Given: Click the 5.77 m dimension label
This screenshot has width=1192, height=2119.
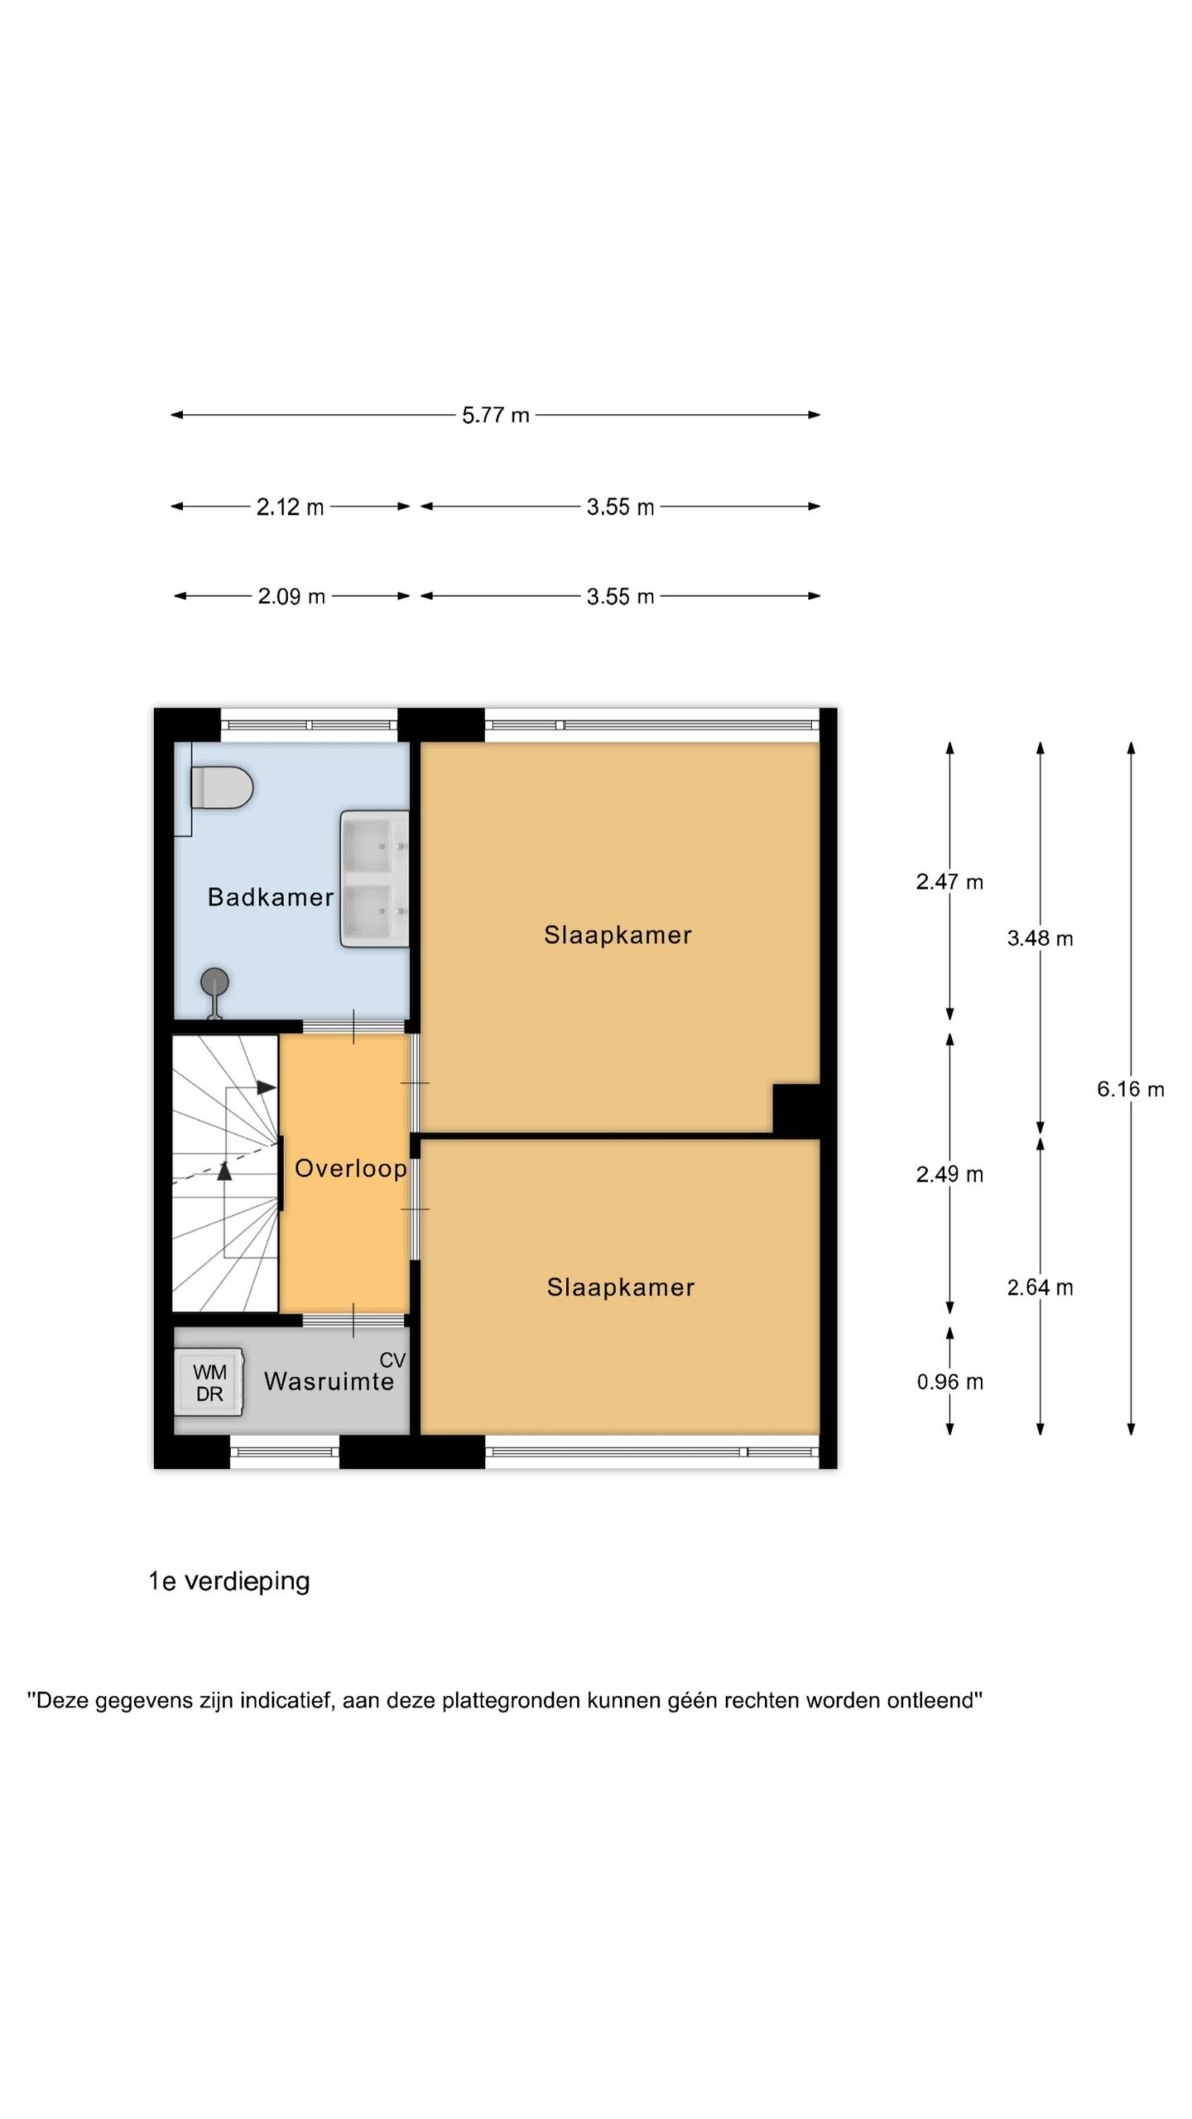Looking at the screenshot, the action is [x=495, y=415].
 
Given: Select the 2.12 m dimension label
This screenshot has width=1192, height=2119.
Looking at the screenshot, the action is [x=290, y=507].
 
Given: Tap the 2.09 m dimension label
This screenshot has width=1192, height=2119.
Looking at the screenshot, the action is [x=291, y=596].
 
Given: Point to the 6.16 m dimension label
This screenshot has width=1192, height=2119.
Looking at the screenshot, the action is [x=1131, y=1089].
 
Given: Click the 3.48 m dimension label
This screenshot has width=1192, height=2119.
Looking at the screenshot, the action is [x=1040, y=939].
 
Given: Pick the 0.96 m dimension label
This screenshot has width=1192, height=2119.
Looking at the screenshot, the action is [x=949, y=1381].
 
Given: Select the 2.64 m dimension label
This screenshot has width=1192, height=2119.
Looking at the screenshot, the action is [x=1040, y=1287].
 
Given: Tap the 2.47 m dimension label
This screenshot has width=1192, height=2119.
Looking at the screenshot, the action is [x=949, y=882].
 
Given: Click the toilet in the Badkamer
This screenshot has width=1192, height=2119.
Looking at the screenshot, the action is [x=221, y=787].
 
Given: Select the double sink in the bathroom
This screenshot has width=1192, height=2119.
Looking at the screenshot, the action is [x=374, y=878].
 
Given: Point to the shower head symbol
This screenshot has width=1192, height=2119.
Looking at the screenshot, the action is [x=215, y=992].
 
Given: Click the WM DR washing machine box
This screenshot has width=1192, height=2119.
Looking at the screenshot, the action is [x=209, y=1382].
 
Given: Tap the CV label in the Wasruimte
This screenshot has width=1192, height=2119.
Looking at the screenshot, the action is [x=392, y=1360].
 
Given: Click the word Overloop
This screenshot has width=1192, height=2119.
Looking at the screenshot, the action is [x=350, y=1169].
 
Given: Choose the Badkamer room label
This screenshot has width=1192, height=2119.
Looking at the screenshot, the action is [x=271, y=897].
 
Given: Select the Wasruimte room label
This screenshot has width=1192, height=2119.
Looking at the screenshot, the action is [x=329, y=1381].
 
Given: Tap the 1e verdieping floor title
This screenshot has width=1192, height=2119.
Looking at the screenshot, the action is [x=229, y=1582].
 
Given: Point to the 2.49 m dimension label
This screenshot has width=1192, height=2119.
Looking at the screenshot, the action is [x=949, y=1175].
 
